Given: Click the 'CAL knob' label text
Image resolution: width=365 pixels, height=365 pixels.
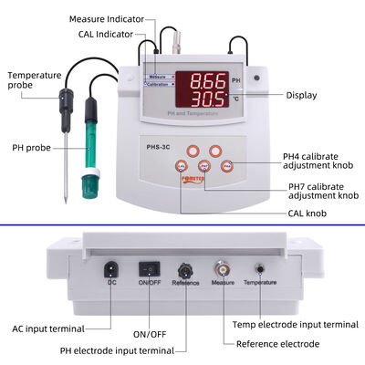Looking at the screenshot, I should (282, 213).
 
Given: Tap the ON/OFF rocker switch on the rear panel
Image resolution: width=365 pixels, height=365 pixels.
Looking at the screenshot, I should (147, 269).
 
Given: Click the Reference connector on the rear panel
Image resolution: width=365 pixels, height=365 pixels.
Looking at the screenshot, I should (185, 270).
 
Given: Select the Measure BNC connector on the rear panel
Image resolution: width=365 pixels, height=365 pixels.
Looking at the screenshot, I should (223, 270).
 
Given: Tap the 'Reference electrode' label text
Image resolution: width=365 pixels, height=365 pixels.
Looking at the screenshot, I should (278, 344).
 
